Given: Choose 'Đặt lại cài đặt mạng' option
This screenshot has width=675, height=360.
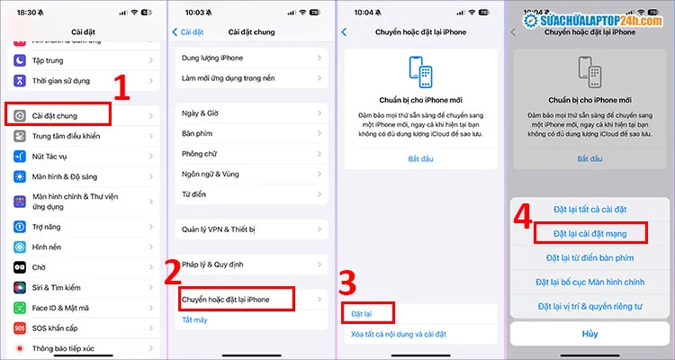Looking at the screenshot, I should [591, 234].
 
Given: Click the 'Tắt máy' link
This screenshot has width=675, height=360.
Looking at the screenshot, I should [194, 319].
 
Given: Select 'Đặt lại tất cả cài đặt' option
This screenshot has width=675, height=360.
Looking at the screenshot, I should [591, 210].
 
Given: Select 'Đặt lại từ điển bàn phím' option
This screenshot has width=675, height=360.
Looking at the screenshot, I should [591, 258].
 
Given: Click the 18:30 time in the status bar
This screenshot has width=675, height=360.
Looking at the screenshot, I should [26, 11].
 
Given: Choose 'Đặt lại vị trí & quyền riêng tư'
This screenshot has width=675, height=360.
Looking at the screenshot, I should [591, 307].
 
